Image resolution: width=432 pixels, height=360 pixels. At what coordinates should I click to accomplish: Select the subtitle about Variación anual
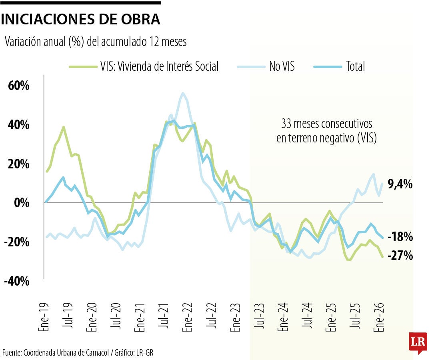point(96,42)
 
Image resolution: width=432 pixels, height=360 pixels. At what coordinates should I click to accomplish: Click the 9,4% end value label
point(400,184)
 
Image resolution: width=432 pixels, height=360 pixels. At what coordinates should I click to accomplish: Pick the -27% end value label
point(401,255)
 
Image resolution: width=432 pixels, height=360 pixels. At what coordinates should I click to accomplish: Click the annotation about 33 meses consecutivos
point(327,130)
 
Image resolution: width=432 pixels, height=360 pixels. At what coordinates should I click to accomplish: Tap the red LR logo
point(418,342)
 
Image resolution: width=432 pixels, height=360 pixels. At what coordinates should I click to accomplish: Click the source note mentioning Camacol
point(78,352)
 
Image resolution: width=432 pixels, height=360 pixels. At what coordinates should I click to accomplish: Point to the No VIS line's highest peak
point(183,93)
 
